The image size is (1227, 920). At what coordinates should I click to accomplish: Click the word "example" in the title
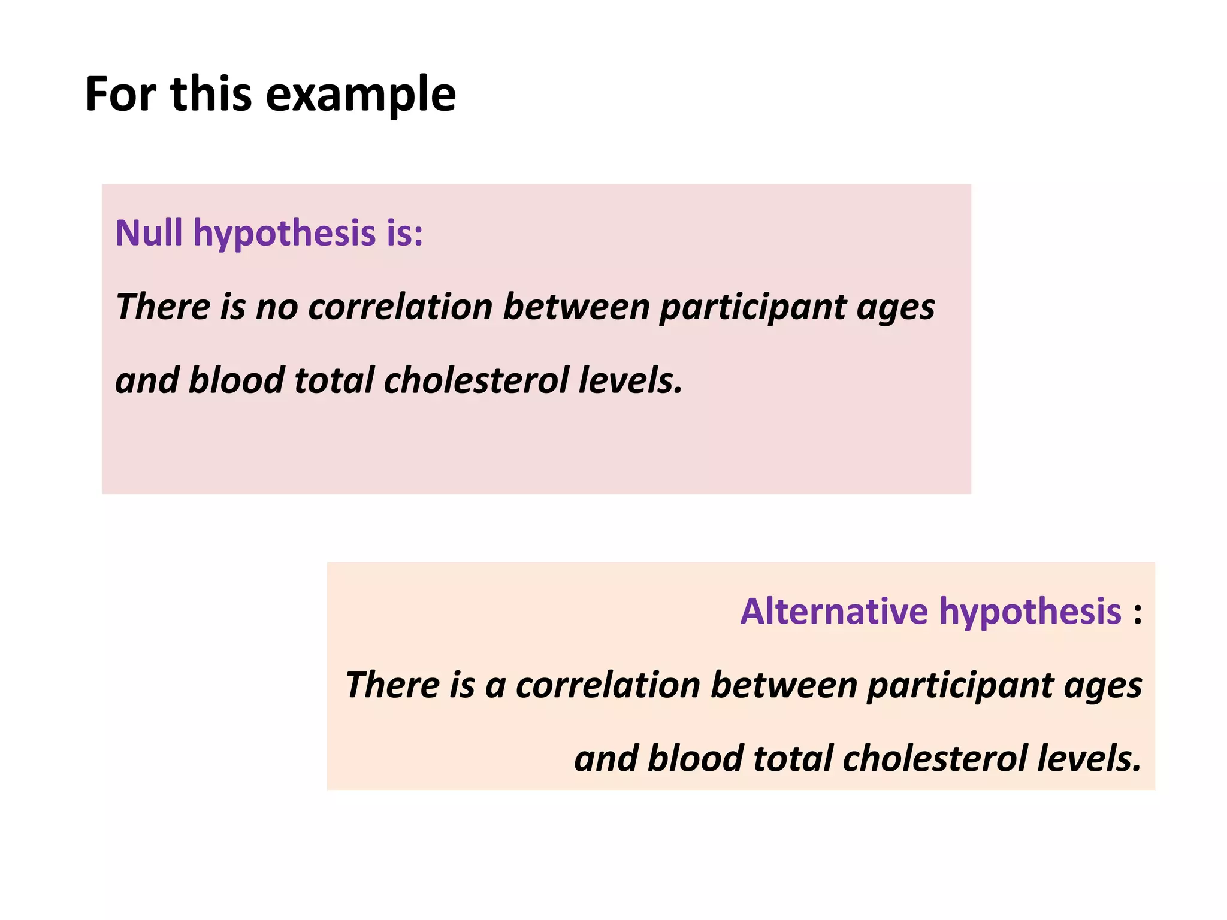[360, 95]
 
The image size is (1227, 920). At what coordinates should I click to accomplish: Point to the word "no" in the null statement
[277, 307]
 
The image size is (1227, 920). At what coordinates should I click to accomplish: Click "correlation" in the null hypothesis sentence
[400, 307]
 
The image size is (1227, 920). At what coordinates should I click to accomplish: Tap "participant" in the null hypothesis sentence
[752, 307]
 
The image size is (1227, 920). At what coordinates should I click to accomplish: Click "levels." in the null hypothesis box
[631, 380]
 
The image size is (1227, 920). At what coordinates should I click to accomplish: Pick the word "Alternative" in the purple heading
[835, 611]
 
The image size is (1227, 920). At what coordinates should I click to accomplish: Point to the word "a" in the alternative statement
[495, 685]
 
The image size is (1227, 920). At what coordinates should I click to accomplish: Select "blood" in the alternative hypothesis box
[695, 759]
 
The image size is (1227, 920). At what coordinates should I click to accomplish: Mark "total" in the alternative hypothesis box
[793, 759]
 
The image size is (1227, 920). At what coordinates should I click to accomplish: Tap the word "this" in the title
[211, 95]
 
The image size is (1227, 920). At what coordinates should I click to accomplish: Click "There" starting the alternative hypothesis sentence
[392, 685]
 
